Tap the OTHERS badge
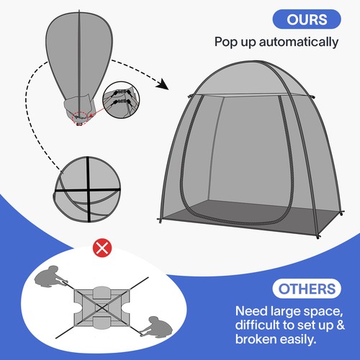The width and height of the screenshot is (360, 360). coord(307,289)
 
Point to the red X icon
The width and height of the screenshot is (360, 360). coord(104,249)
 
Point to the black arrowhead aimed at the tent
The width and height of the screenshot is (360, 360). coord(164,84)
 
